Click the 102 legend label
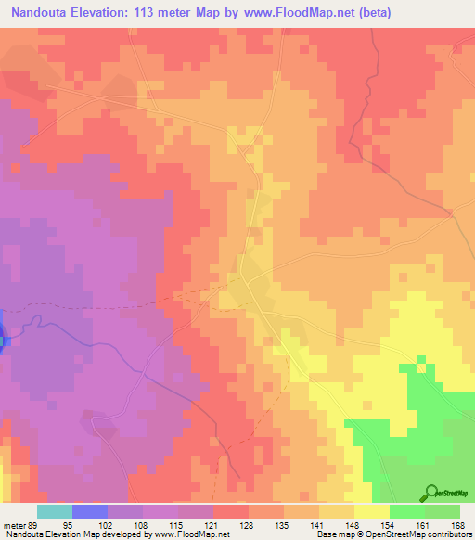pos(108,524)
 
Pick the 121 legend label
pos(212,524)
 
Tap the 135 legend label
pos(283,524)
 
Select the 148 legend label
pos(353,524)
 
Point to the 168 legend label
pos(459,524)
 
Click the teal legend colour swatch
pos(55,511)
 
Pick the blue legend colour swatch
pos(90,511)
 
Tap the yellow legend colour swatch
pos(371,511)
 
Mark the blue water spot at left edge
pos(3,335)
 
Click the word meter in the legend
pos(16,524)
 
